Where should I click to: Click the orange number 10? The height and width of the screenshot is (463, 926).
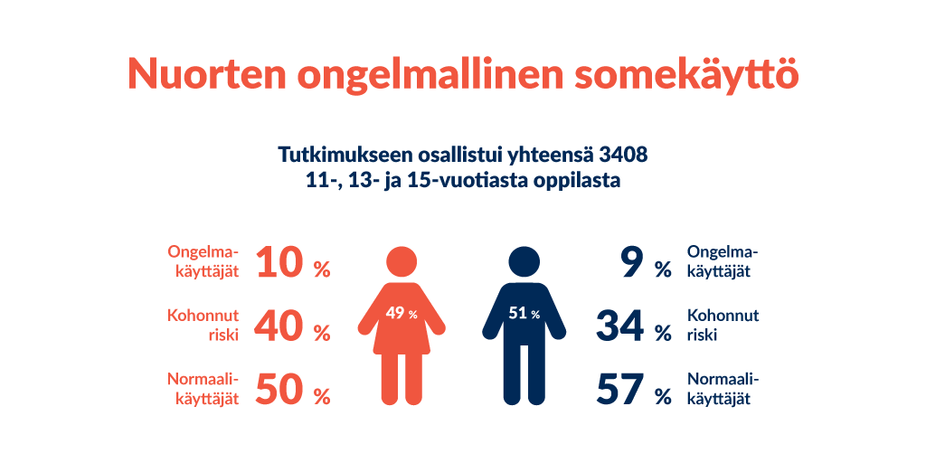point(280,262)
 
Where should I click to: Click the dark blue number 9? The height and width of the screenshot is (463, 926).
point(631,262)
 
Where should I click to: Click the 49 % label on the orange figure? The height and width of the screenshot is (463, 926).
point(402,314)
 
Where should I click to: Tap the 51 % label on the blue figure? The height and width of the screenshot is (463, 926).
point(524,314)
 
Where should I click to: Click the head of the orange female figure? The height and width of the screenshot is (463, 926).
point(402,261)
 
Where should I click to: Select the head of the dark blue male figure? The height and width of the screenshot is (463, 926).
point(524,261)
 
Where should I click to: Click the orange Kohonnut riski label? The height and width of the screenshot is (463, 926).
point(203,326)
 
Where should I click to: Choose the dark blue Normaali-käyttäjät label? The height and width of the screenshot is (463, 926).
point(723,389)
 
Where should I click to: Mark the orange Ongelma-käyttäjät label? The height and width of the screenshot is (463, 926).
point(203,261)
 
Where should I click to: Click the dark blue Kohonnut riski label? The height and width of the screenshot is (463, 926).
point(723,326)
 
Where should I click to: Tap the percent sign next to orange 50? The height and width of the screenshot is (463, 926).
point(322,398)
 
